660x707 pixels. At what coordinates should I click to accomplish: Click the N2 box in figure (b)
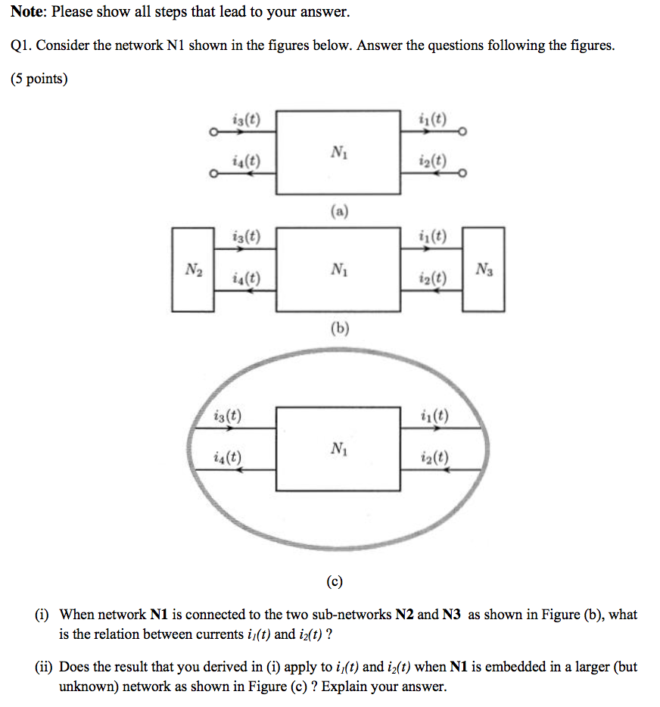click(x=192, y=269)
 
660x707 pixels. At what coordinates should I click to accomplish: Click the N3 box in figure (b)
click(x=483, y=269)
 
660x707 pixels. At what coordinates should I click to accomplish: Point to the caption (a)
click(x=338, y=213)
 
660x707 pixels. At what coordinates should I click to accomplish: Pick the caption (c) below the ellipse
click(x=335, y=581)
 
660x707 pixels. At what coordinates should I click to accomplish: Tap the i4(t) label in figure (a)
click(x=246, y=160)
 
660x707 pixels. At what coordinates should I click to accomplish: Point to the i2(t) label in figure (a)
click(x=432, y=160)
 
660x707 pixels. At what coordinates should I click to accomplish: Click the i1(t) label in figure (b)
click(x=432, y=237)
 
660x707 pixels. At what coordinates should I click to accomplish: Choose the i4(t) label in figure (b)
click(x=246, y=278)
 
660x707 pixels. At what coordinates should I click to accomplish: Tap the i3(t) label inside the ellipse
click(x=228, y=416)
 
